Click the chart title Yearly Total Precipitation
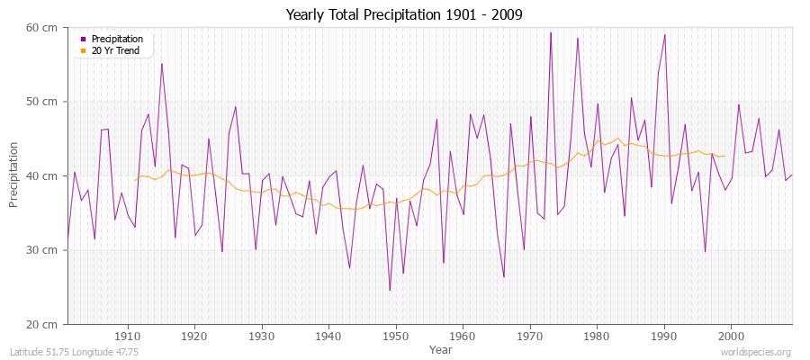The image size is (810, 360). (x=404, y=14)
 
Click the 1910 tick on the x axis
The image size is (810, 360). (x=128, y=337)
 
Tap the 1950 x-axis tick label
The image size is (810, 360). (x=396, y=337)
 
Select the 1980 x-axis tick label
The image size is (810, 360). (x=597, y=337)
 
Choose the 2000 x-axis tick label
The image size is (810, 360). (x=731, y=337)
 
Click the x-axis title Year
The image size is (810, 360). (x=441, y=348)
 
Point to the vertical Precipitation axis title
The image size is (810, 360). (x=14, y=176)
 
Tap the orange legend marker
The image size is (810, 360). (x=84, y=50)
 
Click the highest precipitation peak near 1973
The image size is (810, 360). (x=551, y=33)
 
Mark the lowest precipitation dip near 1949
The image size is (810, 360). (x=390, y=290)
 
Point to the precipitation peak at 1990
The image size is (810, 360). (x=664, y=35)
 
